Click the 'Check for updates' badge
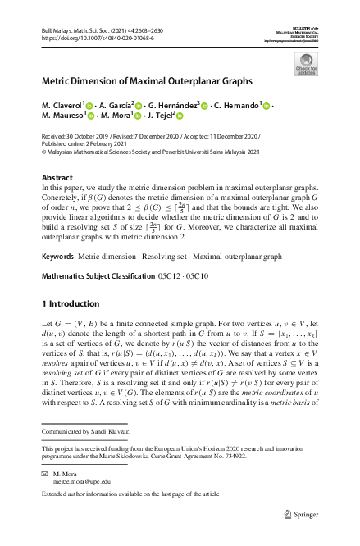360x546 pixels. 305,64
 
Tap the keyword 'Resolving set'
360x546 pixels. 163,257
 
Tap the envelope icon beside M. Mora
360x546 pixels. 44,475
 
